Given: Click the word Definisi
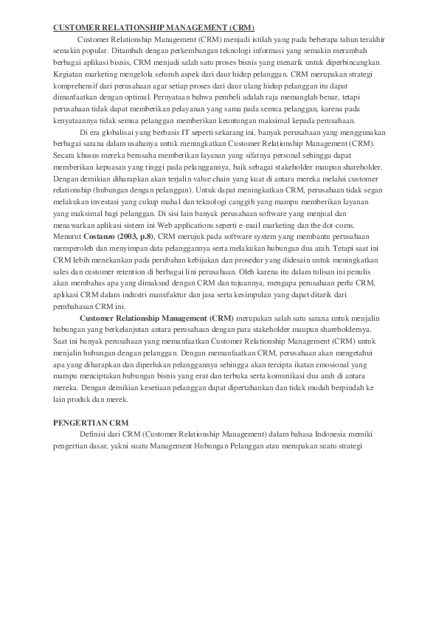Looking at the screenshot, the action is [x=92, y=434].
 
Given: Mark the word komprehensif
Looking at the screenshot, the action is [x=77, y=85].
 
